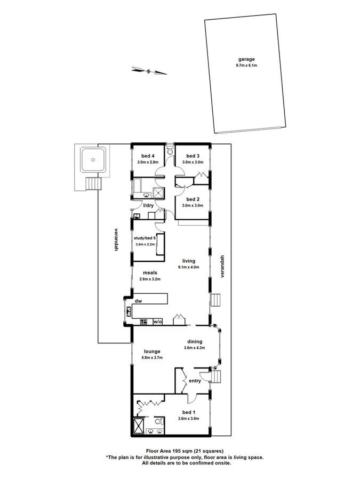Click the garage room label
pyautogui.click(x=246, y=59)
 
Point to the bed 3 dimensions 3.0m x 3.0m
pyautogui.click(x=193, y=162)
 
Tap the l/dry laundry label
pyautogui.click(x=148, y=205)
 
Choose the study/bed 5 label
pyautogui.click(x=145, y=237)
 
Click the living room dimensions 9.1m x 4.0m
pyautogui.click(x=190, y=267)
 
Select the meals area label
pyautogui.click(x=149, y=272)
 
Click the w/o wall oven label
pyautogui.click(x=157, y=322)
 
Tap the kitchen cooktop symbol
pyautogui.click(x=143, y=322)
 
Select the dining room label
pyautogui.click(x=194, y=342)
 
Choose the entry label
pyautogui.click(x=195, y=380)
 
